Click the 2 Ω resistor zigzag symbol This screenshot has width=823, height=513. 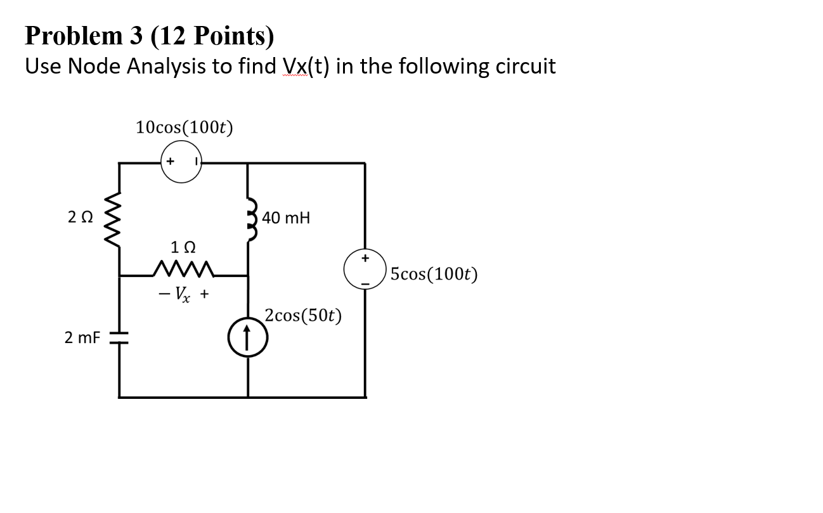point(120,218)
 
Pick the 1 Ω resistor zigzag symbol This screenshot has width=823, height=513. point(184,271)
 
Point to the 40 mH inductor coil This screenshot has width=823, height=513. point(249,218)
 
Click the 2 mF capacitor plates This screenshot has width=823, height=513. point(119,338)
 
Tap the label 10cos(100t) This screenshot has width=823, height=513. point(184,127)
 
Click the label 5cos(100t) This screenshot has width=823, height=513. point(434,275)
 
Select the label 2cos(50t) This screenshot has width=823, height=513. point(303,315)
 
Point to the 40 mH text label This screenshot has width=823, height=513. point(286,219)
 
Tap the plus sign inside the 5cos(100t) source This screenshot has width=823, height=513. point(365,258)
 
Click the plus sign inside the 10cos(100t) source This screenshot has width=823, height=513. point(170,162)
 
